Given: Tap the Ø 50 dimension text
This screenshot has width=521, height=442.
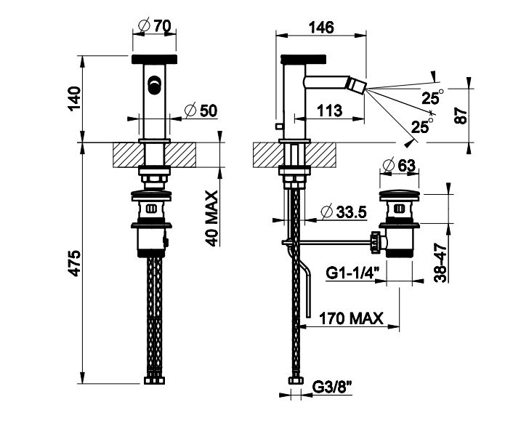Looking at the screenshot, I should (x=202, y=110).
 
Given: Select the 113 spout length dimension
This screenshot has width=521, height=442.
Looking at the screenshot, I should (x=331, y=110).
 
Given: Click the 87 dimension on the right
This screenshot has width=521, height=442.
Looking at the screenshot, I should (x=459, y=114).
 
